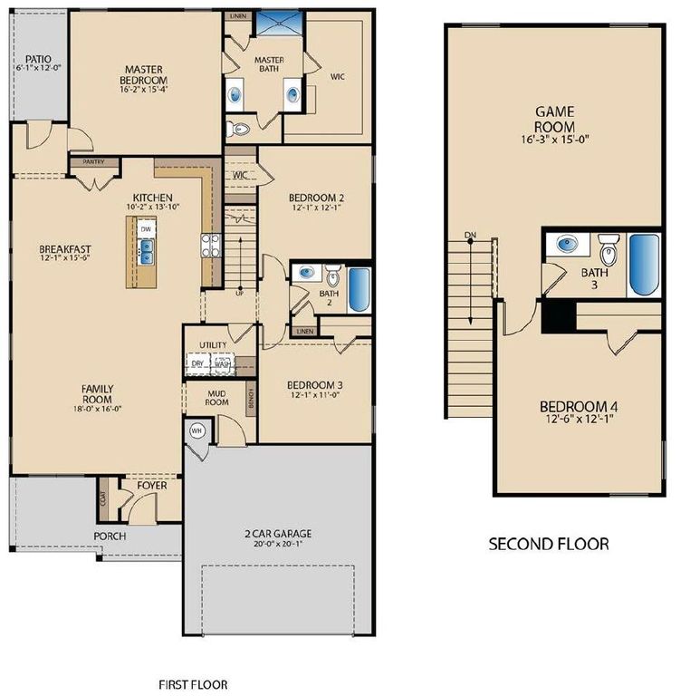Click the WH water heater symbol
(196, 431)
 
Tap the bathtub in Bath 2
(359, 288)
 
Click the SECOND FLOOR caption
(549, 544)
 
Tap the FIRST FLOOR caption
(194, 684)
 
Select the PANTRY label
(94, 162)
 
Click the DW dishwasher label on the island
(146, 229)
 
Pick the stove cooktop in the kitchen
(210, 244)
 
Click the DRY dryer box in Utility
(197, 363)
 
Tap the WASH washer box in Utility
(222, 363)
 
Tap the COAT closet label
(103, 497)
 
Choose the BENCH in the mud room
(251, 395)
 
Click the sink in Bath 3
(568, 244)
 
